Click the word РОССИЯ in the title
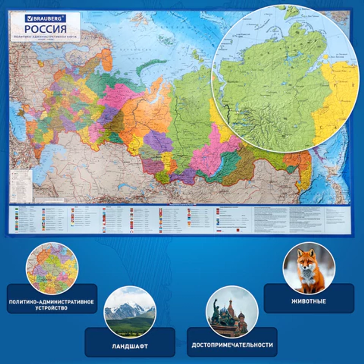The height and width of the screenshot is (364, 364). point(45,29)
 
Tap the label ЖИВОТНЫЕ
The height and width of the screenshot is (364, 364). point(309,301)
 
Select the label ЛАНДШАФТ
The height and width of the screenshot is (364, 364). point(130,346)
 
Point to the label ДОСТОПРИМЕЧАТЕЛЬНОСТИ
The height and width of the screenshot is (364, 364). point(232,345)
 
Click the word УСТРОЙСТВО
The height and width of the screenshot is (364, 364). point(52,308)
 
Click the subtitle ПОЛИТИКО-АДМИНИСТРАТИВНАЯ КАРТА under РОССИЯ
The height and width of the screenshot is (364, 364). point(45,37)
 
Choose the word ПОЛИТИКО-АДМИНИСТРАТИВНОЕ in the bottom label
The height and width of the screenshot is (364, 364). point(52,302)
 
